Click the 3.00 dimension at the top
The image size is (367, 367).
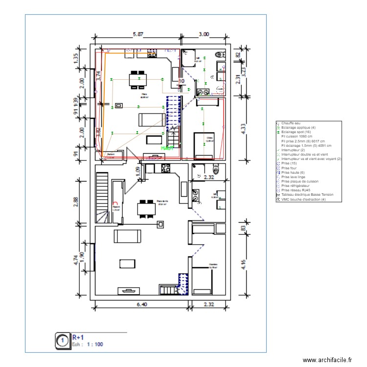click(x=204, y=34)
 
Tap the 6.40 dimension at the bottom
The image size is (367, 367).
click(x=141, y=304)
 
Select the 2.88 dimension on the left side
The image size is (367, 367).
click(x=76, y=202)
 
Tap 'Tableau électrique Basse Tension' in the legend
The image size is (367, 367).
click(x=307, y=195)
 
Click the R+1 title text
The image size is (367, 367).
click(x=78, y=337)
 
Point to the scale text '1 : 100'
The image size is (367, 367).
click(x=95, y=344)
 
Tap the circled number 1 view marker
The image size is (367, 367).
click(x=62, y=341)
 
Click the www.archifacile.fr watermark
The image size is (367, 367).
click(x=327, y=360)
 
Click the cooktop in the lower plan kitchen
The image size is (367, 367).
click(x=165, y=169)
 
